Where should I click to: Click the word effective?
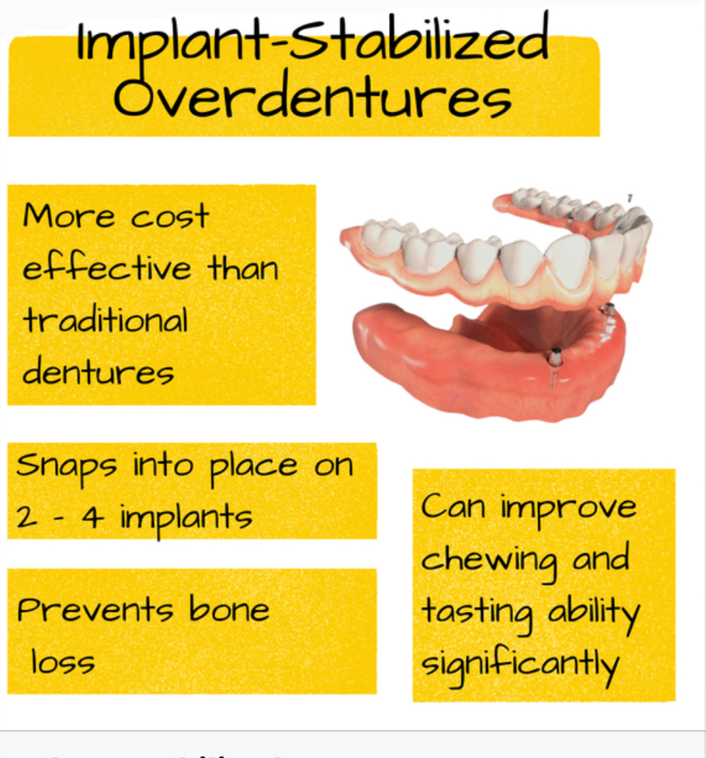[x=107, y=267]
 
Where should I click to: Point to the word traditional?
[x=105, y=320]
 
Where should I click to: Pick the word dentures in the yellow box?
[x=98, y=372]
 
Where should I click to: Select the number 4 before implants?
[x=92, y=518]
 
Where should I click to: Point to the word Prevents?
[x=95, y=609]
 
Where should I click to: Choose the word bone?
[x=229, y=609]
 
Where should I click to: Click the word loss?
[x=63, y=662]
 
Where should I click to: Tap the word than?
[x=243, y=268]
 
